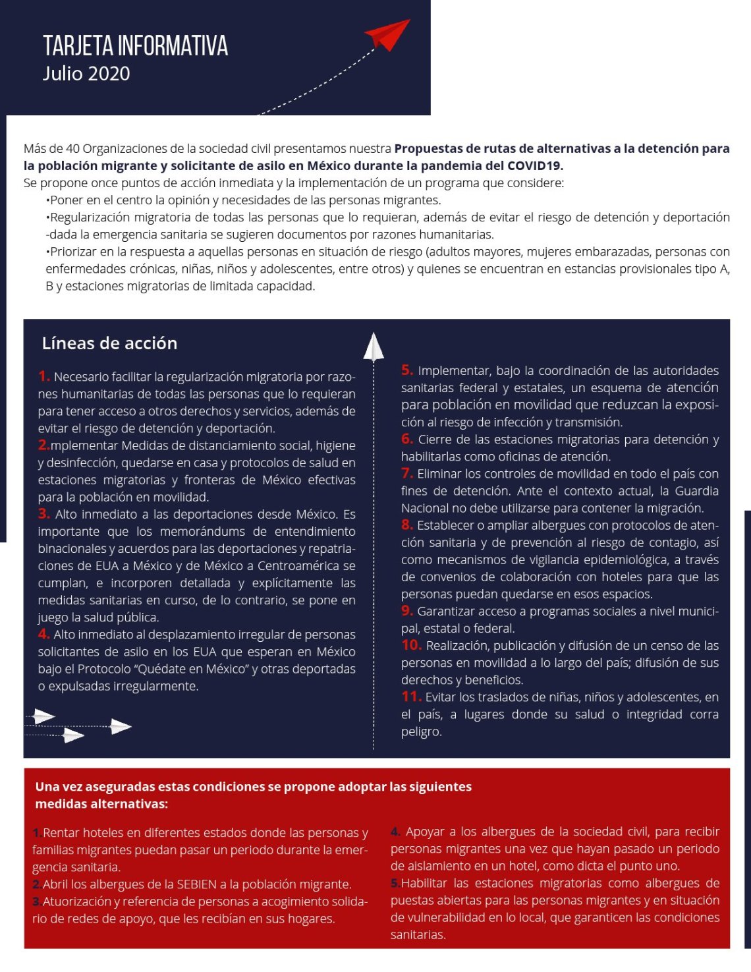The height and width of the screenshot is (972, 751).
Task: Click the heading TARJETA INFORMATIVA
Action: [x=135, y=46]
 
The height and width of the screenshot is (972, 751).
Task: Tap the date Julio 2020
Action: [x=86, y=74]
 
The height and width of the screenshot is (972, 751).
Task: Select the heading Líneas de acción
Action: [x=109, y=343]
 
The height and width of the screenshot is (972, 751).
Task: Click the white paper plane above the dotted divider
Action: [x=374, y=347]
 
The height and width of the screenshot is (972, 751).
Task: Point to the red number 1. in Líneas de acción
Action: [x=44, y=376]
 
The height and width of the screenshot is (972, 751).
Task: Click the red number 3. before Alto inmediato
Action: [x=44, y=513]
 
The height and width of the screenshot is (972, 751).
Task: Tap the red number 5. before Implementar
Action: [x=407, y=370]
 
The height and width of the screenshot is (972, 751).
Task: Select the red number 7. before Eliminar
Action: [x=407, y=473]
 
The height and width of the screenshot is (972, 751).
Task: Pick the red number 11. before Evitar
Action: [x=411, y=697]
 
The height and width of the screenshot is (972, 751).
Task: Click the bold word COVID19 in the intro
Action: [x=535, y=165]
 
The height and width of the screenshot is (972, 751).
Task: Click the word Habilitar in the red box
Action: [x=426, y=883]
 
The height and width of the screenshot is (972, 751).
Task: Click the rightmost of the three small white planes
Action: [x=121, y=727]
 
